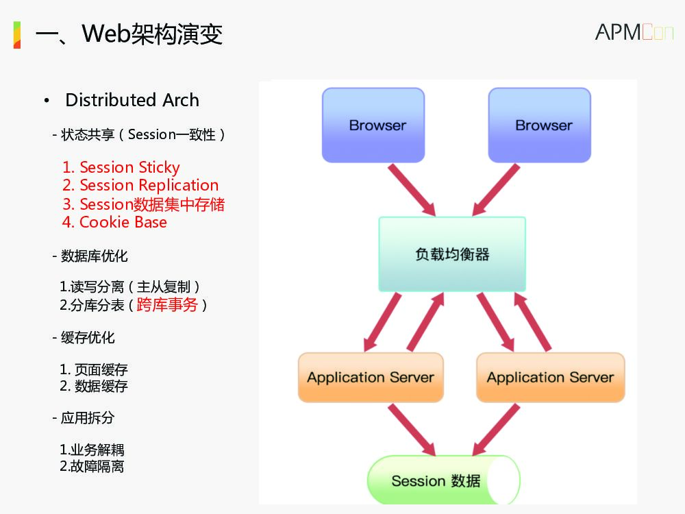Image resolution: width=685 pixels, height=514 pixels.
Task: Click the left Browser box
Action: pyautogui.click(x=373, y=125)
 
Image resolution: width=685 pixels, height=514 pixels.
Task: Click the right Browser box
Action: pyautogui.click(x=539, y=125)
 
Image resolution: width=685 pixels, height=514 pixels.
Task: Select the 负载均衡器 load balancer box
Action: pyautogui.click(x=452, y=254)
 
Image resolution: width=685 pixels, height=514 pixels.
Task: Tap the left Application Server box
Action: pyautogui.click(x=371, y=377)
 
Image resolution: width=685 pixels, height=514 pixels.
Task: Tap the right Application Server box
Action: pyautogui.click(x=550, y=377)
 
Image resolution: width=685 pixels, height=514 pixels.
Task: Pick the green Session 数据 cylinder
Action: pyautogui.click(x=442, y=480)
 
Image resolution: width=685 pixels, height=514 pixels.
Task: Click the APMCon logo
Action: pyautogui.click(x=634, y=32)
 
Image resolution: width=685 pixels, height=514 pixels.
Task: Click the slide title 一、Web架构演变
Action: pyautogui.click(x=129, y=34)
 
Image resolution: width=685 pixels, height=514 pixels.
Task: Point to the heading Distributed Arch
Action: pyautogui.click(x=132, y=100)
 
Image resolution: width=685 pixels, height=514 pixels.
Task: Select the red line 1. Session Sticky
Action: pyautogui.click(x=121, y=167)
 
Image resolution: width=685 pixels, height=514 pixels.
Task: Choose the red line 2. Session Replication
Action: pyautogui.click(x=140, y=185)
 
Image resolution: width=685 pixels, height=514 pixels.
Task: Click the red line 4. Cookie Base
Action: pyautogui.click(x=114, y=222)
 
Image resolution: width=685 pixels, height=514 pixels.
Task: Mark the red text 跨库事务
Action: pyautogui.click(x=167, y=305)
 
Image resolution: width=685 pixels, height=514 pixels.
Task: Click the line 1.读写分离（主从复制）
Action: pyautogui.click(x=130, y=287)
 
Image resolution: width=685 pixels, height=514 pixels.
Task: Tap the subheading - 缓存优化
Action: pyautogui.click(x=84, y=337)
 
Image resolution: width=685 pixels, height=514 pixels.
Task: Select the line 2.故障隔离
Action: pyautogui.click(x=92, y=467)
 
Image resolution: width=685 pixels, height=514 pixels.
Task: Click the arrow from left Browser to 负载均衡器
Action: pyautogui.click(x=411, y=189)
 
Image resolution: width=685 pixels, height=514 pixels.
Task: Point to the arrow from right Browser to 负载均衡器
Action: pyautogui.click(x=496, y=189)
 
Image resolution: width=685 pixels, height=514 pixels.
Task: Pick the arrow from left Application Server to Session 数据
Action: pyautogui.click(x=411, y=429)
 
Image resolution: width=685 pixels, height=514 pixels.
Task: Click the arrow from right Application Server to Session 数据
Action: pyautogui.click(x=496, y=429)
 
